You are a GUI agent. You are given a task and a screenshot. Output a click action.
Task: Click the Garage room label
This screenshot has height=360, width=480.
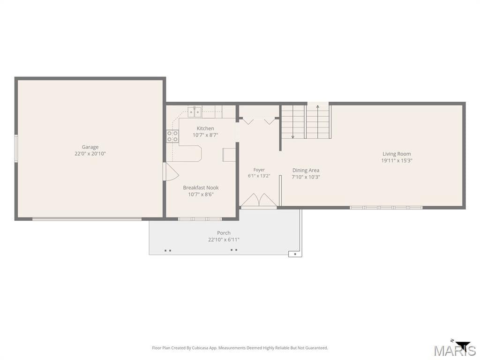click(90, 147)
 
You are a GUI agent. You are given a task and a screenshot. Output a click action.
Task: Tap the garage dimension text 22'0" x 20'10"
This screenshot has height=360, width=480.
click(90, 154)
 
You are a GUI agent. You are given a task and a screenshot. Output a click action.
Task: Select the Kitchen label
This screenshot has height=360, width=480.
click(205, 128)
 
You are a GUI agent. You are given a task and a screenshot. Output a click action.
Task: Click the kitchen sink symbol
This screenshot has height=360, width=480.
click(195, 112)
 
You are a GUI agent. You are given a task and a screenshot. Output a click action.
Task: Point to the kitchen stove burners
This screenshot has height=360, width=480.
click(172, 136)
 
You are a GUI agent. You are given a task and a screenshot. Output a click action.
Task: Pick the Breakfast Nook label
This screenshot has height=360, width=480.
click(201, 187)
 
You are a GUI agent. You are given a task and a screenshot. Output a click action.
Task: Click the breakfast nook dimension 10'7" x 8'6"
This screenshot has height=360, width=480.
click(201, 195)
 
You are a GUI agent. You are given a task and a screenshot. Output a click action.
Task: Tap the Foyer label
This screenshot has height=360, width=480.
click(259, 170)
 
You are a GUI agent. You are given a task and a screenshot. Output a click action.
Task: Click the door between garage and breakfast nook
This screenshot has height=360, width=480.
click(171, 172)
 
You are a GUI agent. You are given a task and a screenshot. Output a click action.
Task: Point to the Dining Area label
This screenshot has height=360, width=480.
click(306, 170)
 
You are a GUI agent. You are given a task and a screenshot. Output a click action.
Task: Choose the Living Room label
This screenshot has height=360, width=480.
click(397, 154)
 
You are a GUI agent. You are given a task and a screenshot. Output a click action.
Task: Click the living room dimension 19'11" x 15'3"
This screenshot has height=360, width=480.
click(397, 160)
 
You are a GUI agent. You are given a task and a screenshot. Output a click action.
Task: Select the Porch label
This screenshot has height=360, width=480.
click(224, 233)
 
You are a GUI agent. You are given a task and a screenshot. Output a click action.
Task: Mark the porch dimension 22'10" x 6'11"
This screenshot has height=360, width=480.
click(224, 240)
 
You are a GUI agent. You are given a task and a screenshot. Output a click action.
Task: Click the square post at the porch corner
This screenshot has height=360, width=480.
click(295, 254)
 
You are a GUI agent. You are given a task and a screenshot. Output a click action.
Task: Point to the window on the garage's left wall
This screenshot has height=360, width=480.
click(16, 149)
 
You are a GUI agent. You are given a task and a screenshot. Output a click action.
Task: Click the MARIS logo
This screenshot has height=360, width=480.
click(455, 350)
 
